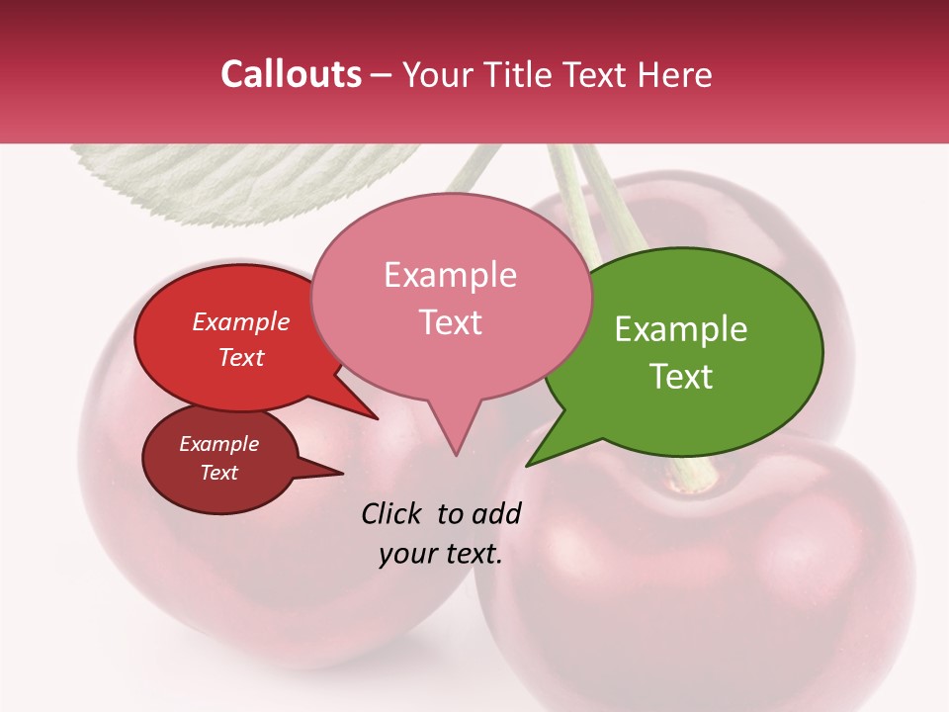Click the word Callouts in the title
pos(291,74)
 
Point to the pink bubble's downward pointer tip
pos(456,456)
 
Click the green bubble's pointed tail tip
pos(527,466)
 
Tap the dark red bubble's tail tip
pos(342,474)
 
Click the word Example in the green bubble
pos(680,329)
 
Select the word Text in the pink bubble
pos(451,322)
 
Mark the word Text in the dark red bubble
pos(218,473)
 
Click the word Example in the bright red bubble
pos(240,321)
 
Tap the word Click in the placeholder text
pos(392,513)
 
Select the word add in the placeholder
pos(496,513)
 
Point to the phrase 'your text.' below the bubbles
pos(440,554)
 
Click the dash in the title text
pos(383,75)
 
